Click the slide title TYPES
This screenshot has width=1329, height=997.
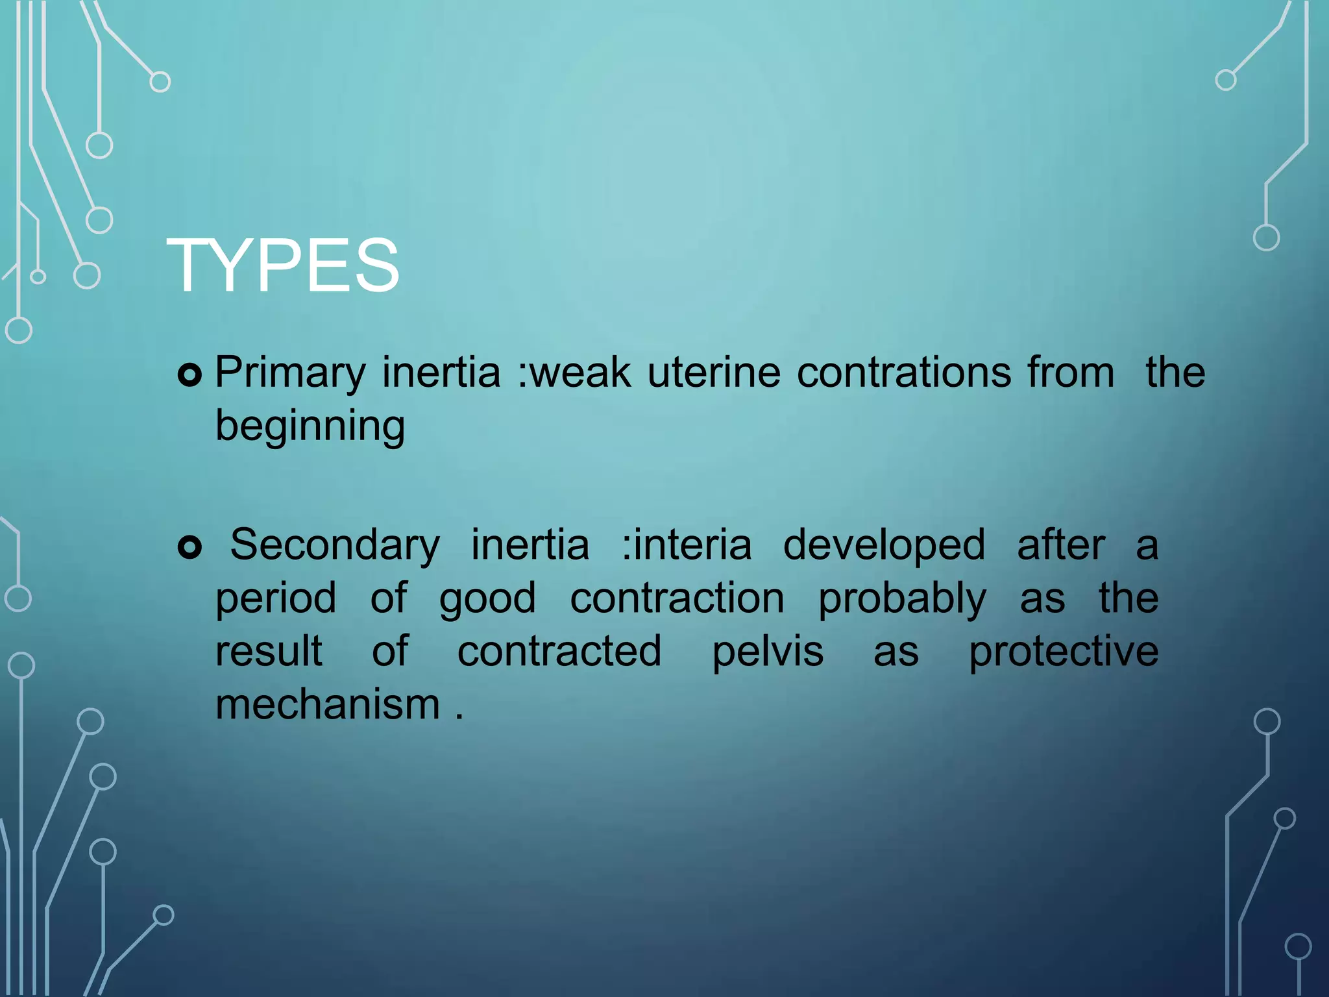point(283,265)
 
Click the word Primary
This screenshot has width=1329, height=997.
point(290,373)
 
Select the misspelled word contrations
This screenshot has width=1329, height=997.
point(904,373)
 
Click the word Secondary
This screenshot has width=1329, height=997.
point(335,545)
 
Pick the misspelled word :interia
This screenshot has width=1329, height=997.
point(687,545)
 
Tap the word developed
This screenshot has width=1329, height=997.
point(884,545)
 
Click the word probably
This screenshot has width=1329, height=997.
point(902,598)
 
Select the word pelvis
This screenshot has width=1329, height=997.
point(768,652)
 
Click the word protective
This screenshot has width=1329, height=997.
point(1064,652)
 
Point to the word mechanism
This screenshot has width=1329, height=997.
point(328,705)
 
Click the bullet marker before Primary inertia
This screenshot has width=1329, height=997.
point(189,375)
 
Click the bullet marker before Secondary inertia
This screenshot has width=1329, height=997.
point(189,547)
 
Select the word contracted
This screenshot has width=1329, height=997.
point(559,652)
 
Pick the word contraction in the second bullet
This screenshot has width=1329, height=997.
point(677,598)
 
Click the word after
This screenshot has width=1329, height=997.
point(1061,545)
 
